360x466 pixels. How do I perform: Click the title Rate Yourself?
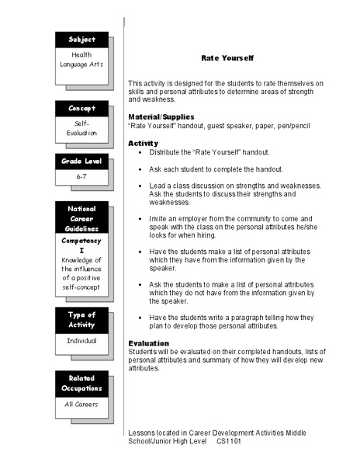click(227, 58)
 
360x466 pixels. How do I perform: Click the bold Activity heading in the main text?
click(143, 143)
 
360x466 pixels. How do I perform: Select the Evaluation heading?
click(147, 343)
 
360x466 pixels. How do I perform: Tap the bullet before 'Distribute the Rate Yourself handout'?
click(140, 152)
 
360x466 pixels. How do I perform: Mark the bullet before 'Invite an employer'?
click(140, 219)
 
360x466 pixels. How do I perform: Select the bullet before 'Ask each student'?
click(140, 169)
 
